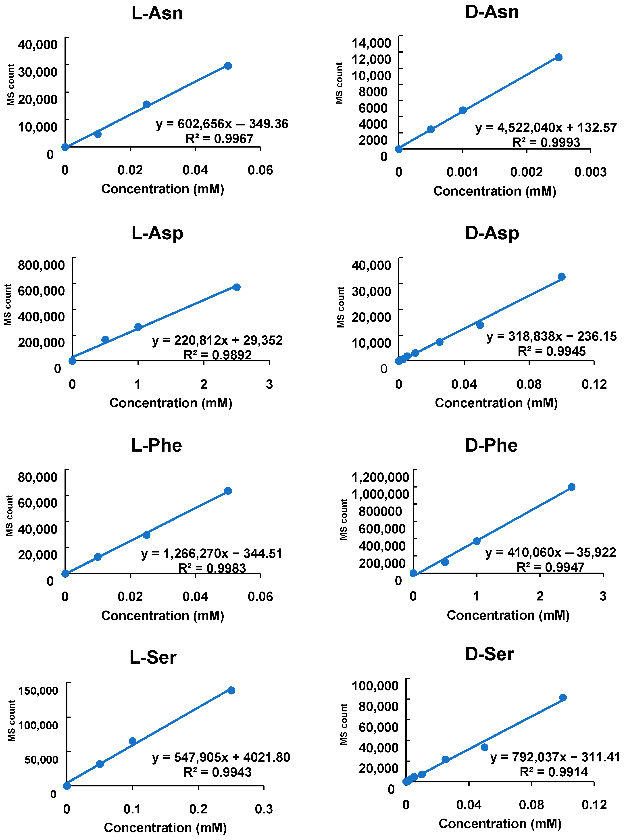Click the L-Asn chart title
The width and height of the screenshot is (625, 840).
[157, 13]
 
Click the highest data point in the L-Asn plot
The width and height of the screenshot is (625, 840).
[228, 66]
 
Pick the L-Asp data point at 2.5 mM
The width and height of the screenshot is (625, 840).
[236, 287]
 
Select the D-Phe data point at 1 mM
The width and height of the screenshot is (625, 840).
[477, 541]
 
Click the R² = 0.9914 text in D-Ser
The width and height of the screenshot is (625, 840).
[554, 772]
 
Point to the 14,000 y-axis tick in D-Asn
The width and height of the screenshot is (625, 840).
[371, 43]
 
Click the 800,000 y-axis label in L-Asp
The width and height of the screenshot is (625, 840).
[41, 265]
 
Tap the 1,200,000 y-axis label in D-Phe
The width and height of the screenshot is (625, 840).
[380, 477]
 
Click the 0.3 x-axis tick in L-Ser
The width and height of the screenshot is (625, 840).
[264, 809]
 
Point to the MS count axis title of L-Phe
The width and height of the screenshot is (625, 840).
[9, 515]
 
